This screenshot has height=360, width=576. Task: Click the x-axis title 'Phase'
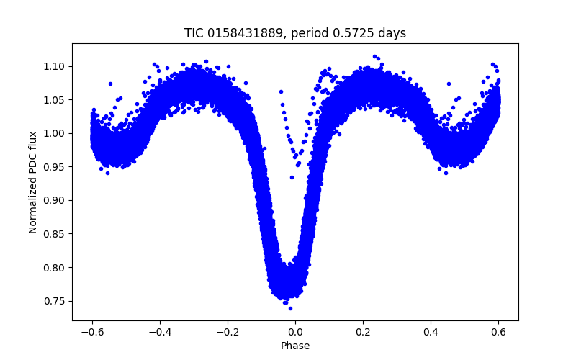pos(295,346)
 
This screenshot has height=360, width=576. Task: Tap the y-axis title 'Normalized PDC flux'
pos(33,181)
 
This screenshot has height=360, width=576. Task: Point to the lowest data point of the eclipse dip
pos(290,308)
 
